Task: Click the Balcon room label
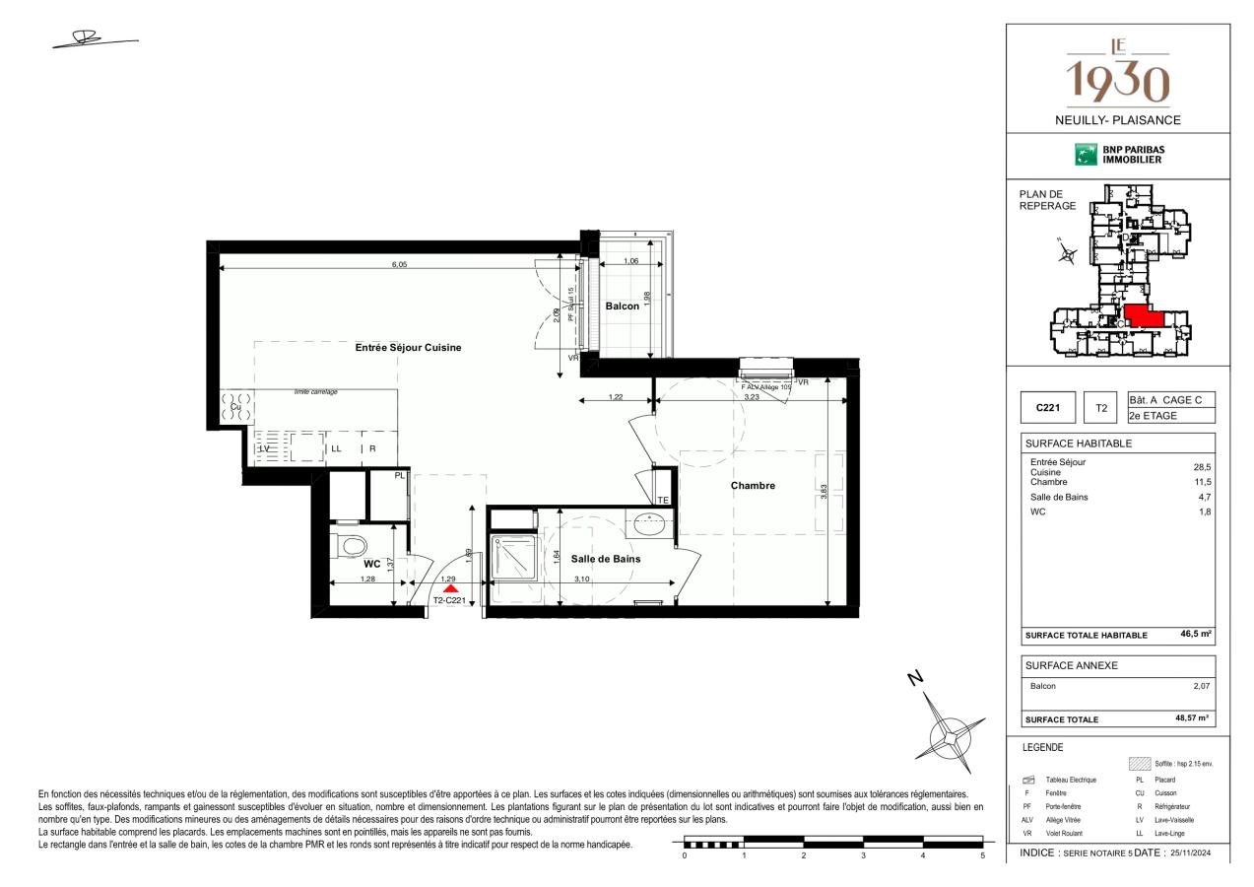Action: point(622,307)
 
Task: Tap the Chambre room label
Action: point(753,485)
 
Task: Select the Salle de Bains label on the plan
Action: point(605,559)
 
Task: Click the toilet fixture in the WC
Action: point(350,544)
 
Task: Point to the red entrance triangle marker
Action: point(449,589)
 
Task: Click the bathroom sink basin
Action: point(649,524)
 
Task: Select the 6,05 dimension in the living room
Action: point(399,263)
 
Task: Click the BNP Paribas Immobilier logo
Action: point(1118,155)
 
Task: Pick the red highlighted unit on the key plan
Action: point(1144,316)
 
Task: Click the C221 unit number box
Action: point(1047,407)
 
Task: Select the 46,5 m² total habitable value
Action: point(1195,635)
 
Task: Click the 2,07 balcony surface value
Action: point(1201,686)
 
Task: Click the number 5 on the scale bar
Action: point(982,855)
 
